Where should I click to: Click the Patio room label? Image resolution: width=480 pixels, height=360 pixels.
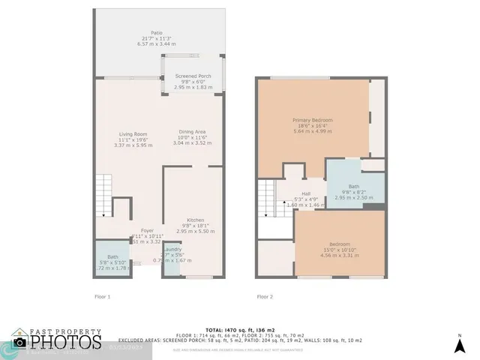157,33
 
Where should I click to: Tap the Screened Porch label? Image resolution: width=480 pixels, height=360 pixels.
193,76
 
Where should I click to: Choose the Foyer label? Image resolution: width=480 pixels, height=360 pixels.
147,231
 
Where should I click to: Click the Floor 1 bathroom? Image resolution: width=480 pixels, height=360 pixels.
112,262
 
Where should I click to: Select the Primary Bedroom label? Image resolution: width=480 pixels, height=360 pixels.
312,120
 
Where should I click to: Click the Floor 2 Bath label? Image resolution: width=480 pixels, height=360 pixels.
354,187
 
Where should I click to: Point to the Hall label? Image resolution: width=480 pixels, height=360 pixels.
306,193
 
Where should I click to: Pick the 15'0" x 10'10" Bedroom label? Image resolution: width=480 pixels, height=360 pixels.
340,244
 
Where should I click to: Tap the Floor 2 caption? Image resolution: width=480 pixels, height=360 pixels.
265,297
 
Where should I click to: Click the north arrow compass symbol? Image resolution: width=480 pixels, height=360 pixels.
460,344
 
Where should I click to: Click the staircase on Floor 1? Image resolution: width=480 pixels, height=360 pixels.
104,196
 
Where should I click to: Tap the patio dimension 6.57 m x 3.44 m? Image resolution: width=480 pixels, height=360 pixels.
157,44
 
